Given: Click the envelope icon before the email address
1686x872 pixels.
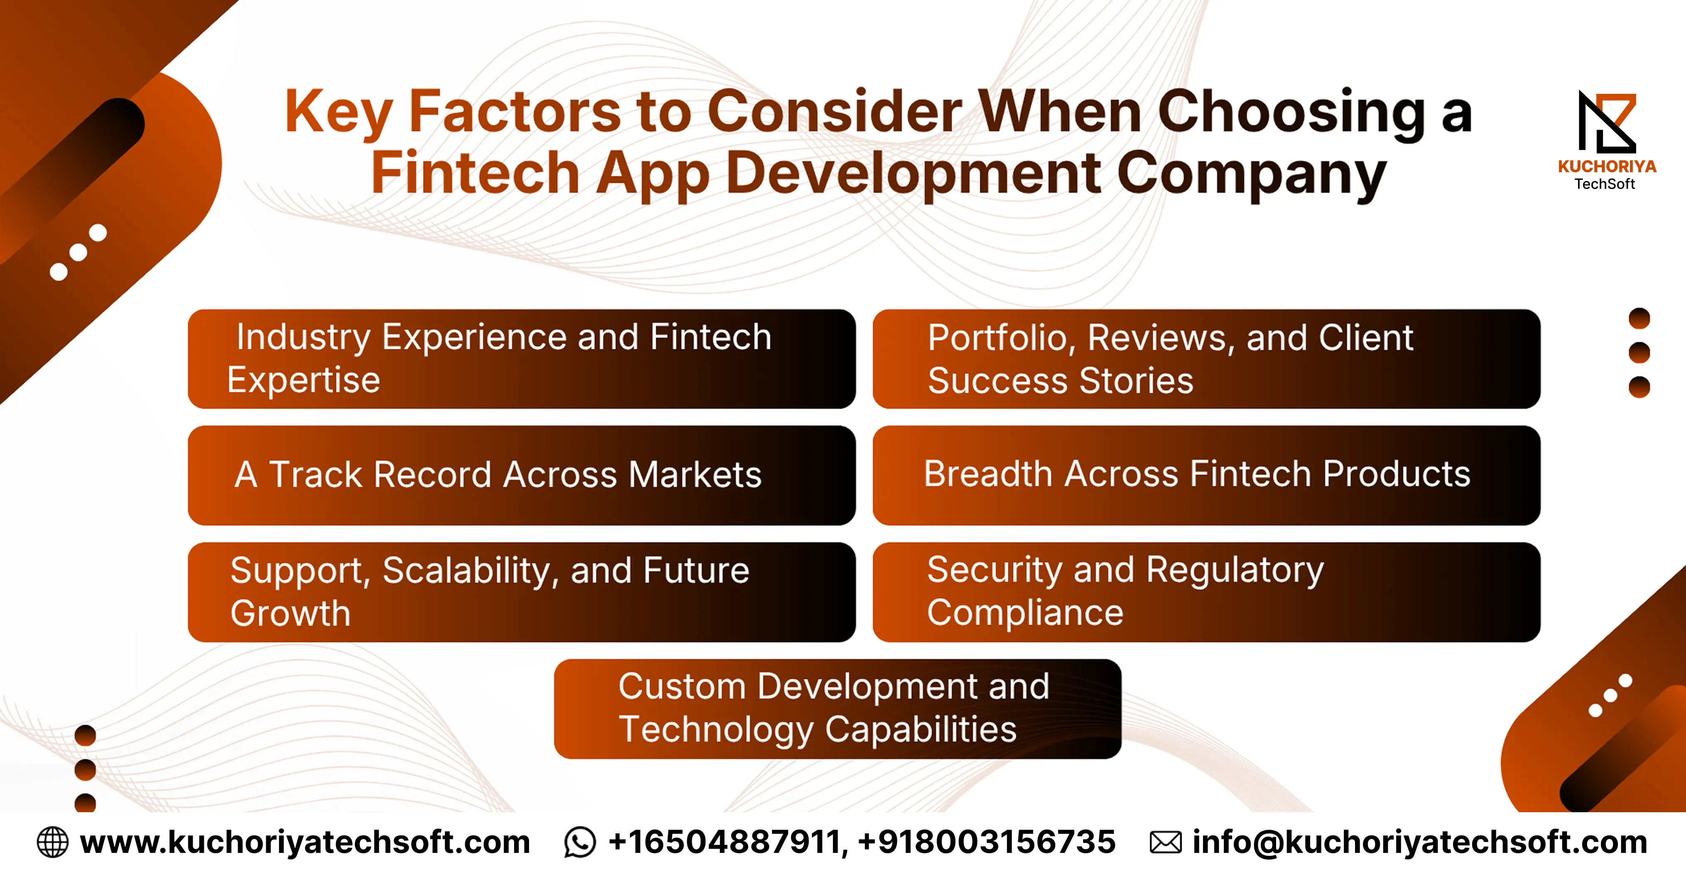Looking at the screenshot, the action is (1166, 843).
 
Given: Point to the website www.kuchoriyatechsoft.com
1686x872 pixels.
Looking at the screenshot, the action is (305, 843).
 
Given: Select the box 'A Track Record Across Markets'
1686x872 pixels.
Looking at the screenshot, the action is (522, 475).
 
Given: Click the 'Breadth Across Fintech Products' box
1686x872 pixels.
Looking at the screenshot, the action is (1206, 475).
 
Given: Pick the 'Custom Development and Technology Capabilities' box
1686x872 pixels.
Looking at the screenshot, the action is (838, 709).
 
